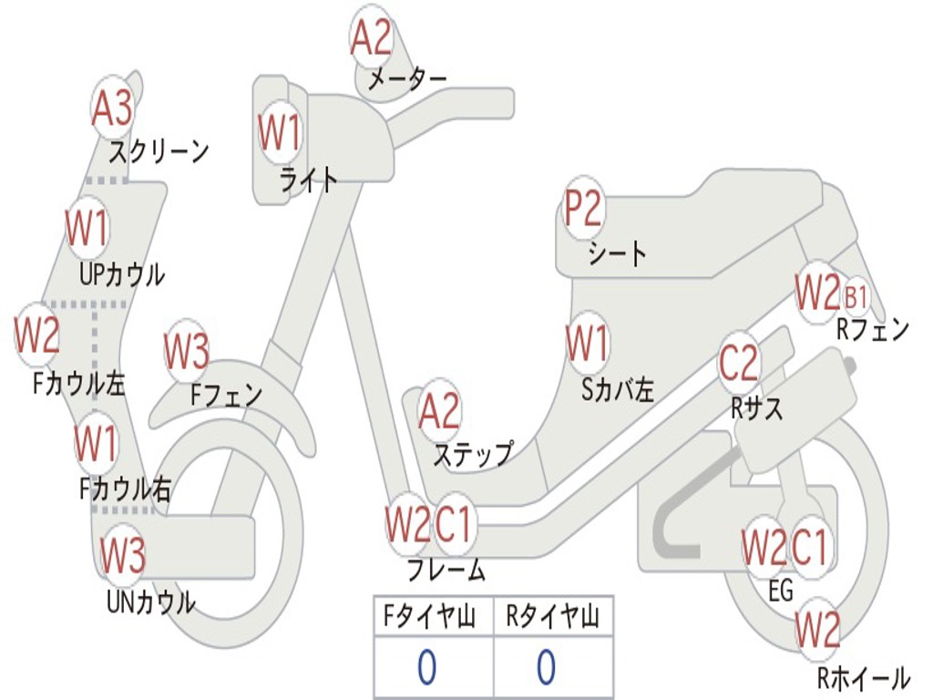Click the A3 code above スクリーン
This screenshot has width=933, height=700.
(112, 108)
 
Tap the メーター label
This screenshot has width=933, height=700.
(406, 80)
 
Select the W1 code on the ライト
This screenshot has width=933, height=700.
(278, 133)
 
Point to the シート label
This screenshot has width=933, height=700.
(617, 253)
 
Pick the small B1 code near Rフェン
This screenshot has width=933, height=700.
(856, 297)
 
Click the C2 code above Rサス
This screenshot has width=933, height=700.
(738, 364)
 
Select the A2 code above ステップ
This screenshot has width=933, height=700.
(439, 412)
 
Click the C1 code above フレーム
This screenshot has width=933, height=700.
(454, 525)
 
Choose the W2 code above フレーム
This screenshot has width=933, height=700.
(406, 525)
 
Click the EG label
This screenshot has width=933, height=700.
(781, 591)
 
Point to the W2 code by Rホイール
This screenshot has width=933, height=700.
(817, 630)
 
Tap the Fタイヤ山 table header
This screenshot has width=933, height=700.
(431, 618)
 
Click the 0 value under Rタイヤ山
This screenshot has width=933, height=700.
(546, 668)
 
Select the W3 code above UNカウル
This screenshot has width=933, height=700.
(122, 555)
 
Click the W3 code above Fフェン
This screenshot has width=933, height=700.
(187, 351)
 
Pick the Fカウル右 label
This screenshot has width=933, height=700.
(125, 489)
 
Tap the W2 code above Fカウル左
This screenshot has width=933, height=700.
(37, 335)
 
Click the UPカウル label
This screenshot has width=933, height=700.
(122, 273)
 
